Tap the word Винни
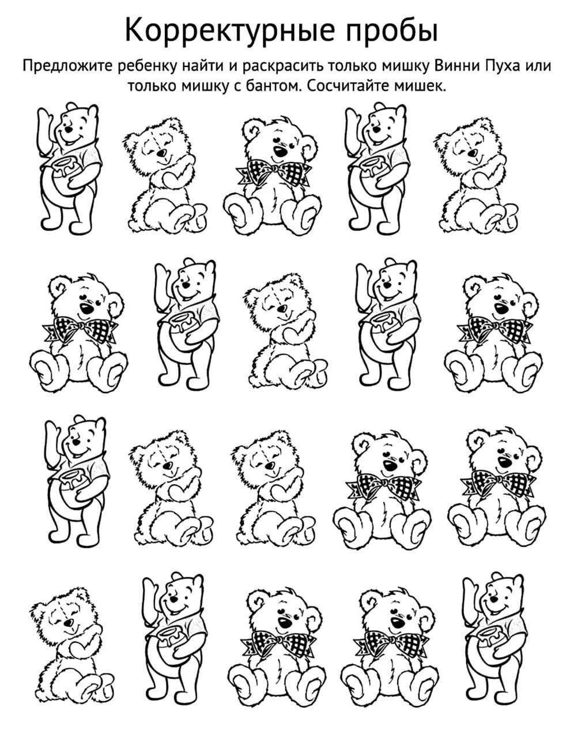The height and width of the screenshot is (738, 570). coord(457,66)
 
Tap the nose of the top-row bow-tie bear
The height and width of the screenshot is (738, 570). coord(281,151)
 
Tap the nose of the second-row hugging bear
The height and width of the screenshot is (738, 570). coord(281,308)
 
